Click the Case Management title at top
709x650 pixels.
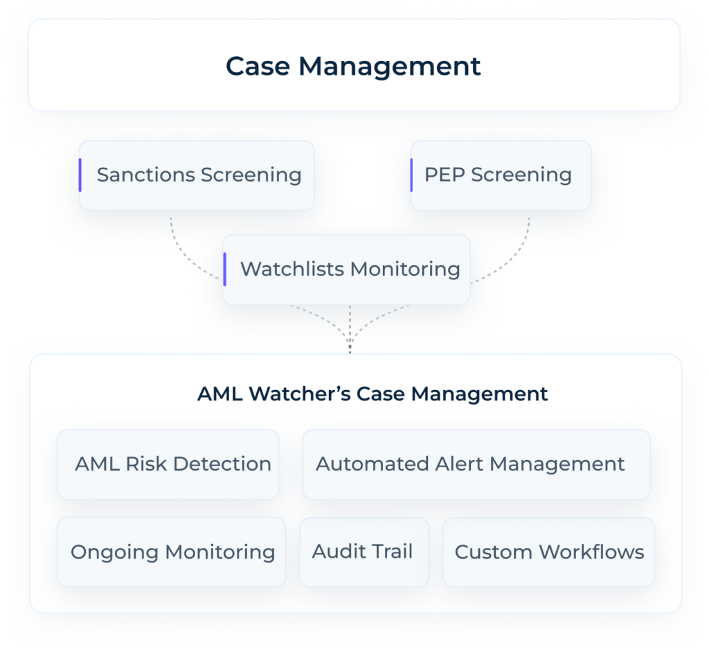click(353, 67)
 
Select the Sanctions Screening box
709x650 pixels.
click(197, 175)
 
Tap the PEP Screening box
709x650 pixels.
click(500, 175)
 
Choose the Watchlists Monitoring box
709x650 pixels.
click(346, 269)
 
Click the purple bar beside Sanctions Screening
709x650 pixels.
click(80, 175)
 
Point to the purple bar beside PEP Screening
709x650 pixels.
click(411, 175)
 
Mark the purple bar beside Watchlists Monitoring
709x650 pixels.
click(225, 269)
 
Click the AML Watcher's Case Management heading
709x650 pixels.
click(373, 394)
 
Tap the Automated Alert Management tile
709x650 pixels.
click(476, 464)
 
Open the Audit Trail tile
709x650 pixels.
click(364, 552)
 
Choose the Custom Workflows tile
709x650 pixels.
click(548, 552)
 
